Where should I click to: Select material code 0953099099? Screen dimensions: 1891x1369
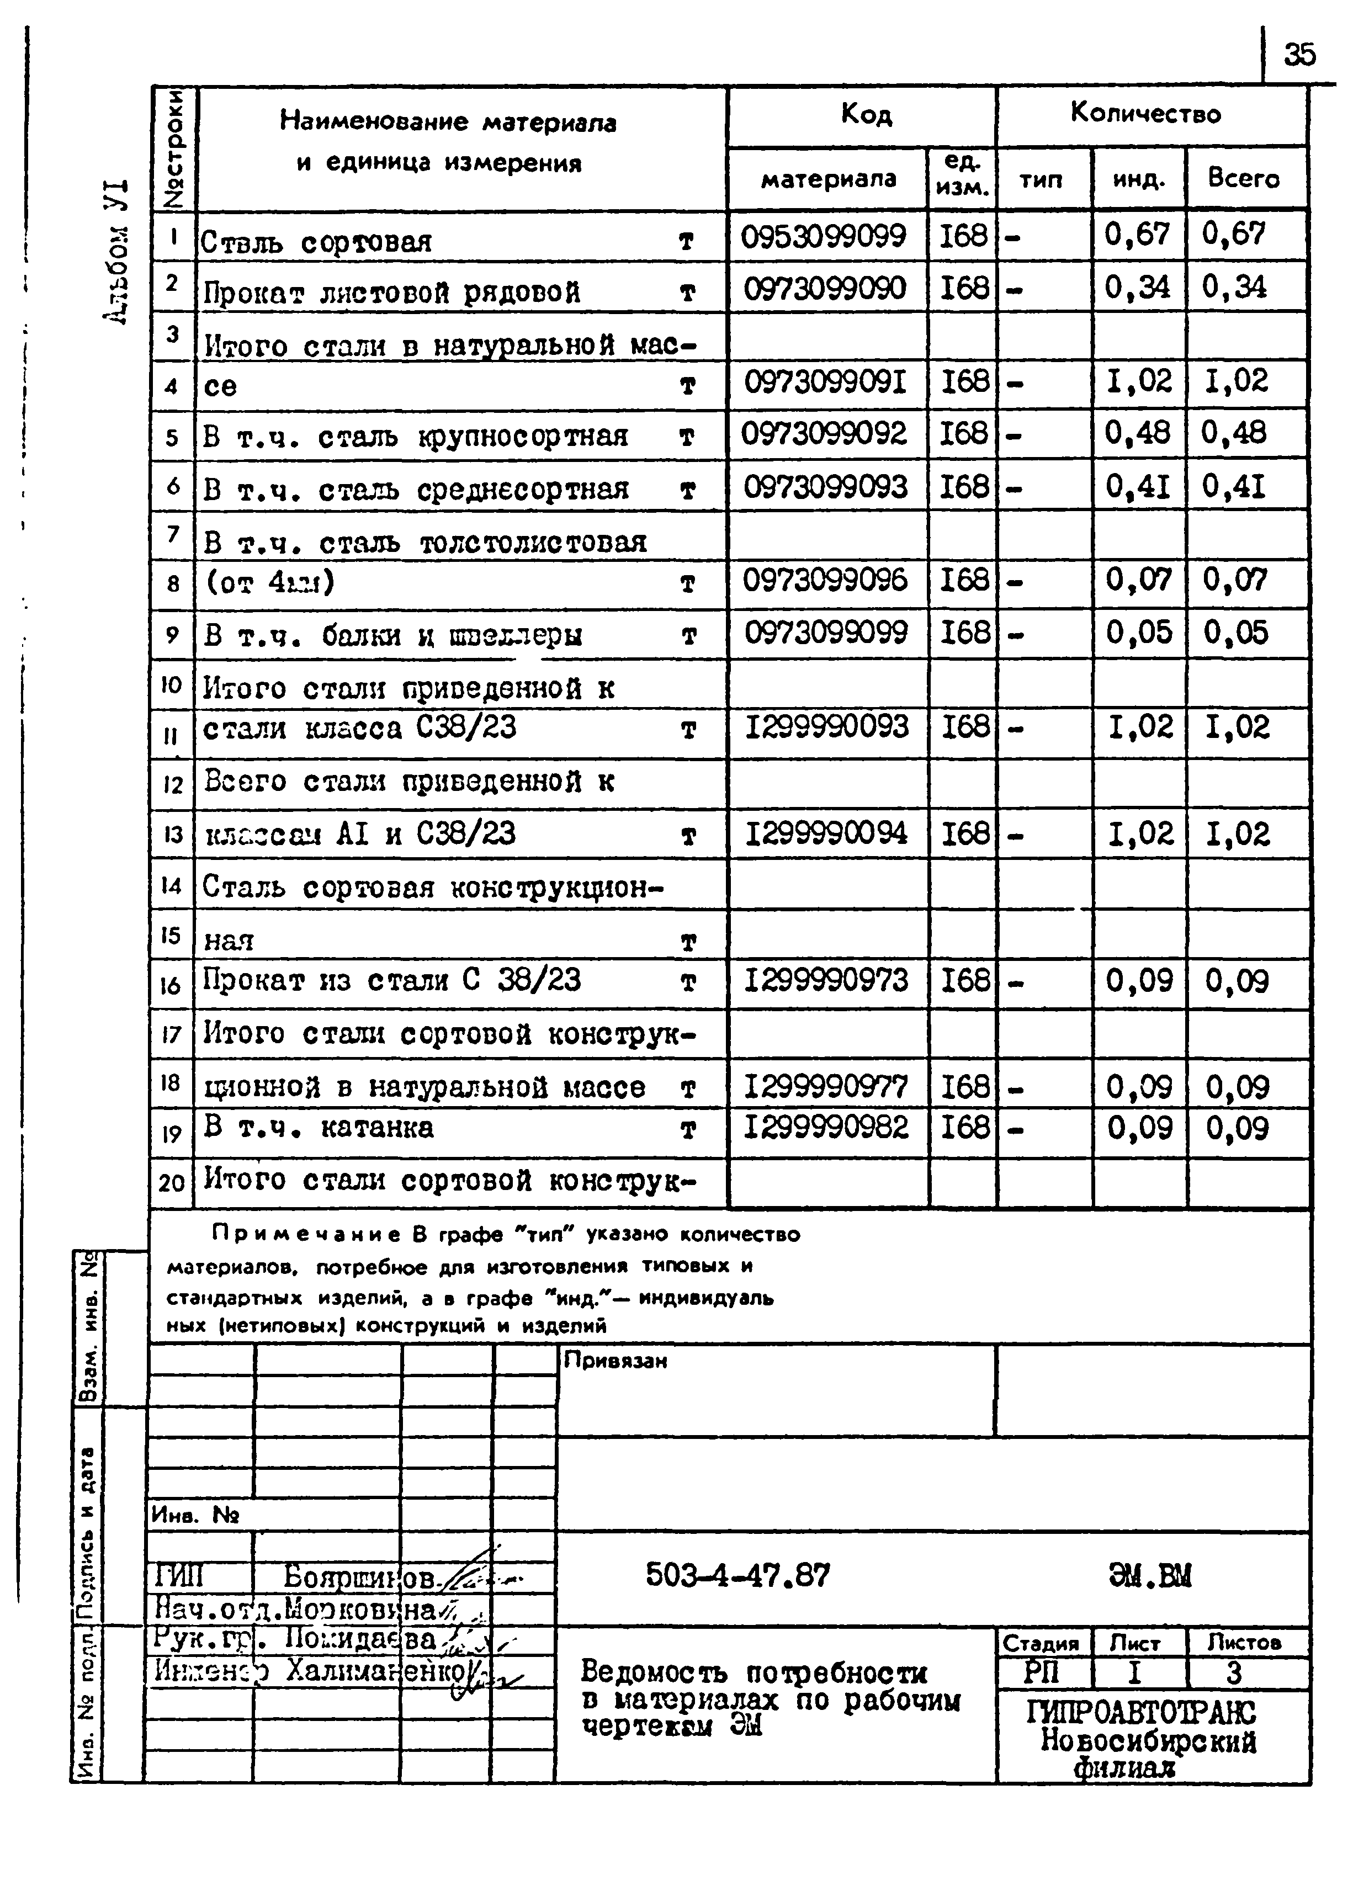coord(824,236)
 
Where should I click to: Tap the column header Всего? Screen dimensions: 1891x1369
coord(1243,178)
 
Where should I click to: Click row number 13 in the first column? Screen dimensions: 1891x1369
coord(172,834)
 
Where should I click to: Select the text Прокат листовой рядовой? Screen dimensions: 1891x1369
coord(392,292)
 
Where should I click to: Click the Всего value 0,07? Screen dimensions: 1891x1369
coord(1235,580)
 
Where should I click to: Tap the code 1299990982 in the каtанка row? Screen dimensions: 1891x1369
coord(825,1127)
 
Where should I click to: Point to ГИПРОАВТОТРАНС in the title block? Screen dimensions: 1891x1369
coord(1140,1713)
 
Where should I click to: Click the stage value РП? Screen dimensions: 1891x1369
coord(1041,1672)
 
